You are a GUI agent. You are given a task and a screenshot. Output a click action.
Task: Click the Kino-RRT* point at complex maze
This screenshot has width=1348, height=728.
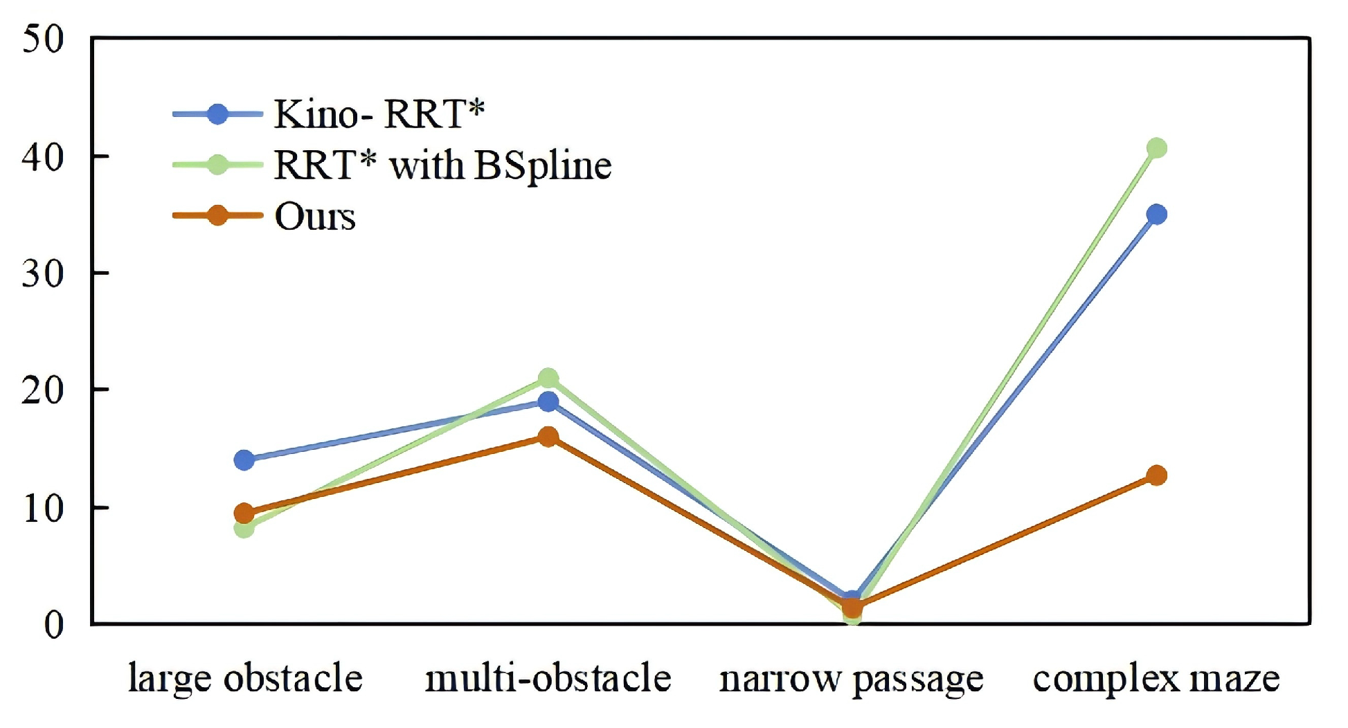coord(1156,215)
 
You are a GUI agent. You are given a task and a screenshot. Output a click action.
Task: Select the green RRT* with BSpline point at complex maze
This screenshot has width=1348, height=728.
coord(1156,148)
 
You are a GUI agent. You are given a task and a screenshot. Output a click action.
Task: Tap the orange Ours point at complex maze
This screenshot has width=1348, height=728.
coord(1156,475)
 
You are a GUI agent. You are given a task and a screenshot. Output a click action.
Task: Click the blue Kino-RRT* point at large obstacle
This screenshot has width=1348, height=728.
coord(244,460)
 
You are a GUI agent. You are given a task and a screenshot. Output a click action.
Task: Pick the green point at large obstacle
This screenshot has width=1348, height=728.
coord(244,529)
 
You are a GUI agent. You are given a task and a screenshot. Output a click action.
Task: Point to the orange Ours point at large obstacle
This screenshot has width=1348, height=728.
coord(244,513)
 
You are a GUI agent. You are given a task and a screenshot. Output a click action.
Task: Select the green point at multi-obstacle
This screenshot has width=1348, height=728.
coord(548,378)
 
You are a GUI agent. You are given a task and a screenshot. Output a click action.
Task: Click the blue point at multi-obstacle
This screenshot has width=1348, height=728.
coord(548,401)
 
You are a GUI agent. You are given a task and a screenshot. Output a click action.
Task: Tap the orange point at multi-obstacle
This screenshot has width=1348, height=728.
coord(548,437)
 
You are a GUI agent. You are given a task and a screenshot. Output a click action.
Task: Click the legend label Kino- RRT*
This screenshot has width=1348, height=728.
coord(379,114)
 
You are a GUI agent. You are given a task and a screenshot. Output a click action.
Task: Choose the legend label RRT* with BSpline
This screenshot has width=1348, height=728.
coord(442,165)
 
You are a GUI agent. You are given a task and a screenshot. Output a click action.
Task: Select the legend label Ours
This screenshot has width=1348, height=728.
coord(315,217)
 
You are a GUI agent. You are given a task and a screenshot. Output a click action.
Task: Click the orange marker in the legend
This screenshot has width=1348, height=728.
coord(217,216)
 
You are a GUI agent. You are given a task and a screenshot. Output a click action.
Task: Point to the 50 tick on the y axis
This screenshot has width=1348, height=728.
coord(43,39)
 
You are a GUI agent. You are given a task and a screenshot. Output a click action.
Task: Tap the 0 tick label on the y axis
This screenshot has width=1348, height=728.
coord(53,625)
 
